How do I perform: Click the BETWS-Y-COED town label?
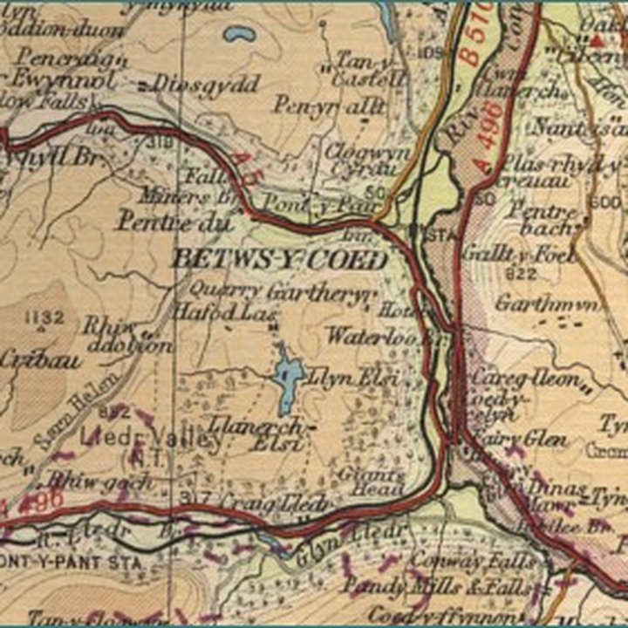click(x=280, y=260)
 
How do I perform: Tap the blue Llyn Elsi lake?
click(x=287, y=384)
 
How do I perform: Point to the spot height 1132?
click(x=45, y=318)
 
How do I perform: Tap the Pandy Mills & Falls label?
click(x=435, y=587)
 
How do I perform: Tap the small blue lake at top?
click(x=235, y=36)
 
